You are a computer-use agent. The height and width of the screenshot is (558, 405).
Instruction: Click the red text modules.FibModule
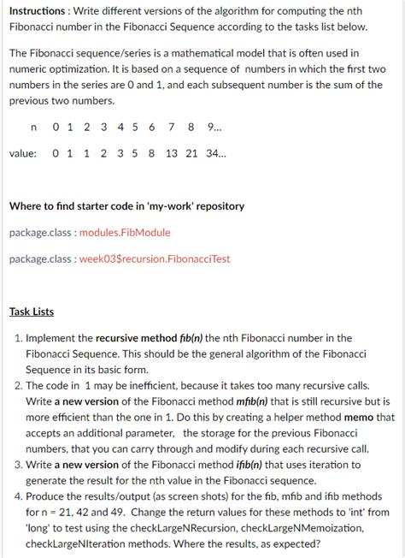tap(125, 232)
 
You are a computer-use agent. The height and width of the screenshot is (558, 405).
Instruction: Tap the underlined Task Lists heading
tap(32, 312)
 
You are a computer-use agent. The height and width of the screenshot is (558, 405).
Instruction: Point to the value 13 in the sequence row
tap(172, 154)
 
